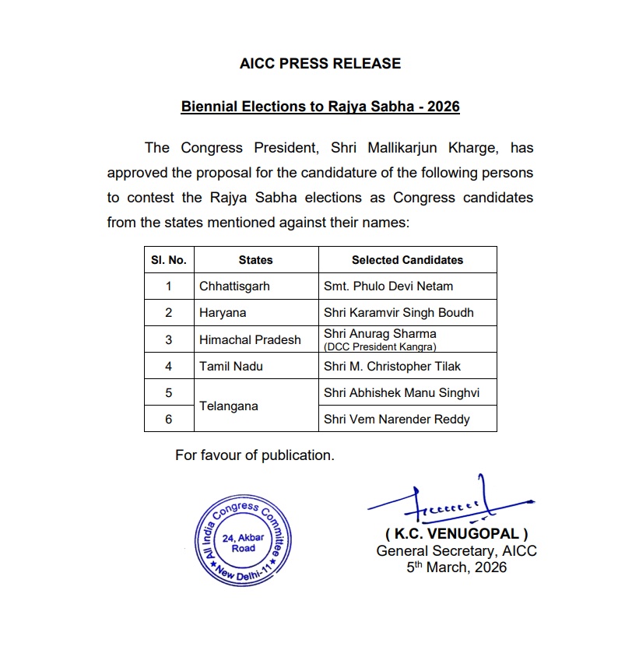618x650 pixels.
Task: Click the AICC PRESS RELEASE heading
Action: [x=320, y=64]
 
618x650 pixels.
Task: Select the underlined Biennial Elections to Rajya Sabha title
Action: [x=320, y=106]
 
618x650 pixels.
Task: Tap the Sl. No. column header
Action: [x=169, y=260]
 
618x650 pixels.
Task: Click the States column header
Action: [x=255, y=260]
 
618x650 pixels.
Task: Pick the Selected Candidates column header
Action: [x=407, y=260]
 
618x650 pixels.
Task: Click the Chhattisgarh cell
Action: [x=234, y=286]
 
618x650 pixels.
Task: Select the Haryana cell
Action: [x=223, y=313]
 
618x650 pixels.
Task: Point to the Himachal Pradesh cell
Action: [x=250, y=340]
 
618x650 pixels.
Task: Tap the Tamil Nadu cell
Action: [x=231, y=367]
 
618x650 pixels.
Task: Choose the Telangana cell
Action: [x=228, y=406]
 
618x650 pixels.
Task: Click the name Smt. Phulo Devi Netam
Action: [x=388, y=286]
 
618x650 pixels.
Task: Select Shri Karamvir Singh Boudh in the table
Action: [x=399, y=313]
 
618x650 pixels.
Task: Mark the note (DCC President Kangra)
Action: [x=380, y=346]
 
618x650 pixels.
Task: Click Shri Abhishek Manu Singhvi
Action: [x=402, y=393]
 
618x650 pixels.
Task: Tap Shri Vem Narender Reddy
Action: [x=397, y=420]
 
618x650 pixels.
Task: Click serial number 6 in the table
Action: [x=169, y=420]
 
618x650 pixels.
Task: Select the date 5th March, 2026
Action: [x=456, y=567]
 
